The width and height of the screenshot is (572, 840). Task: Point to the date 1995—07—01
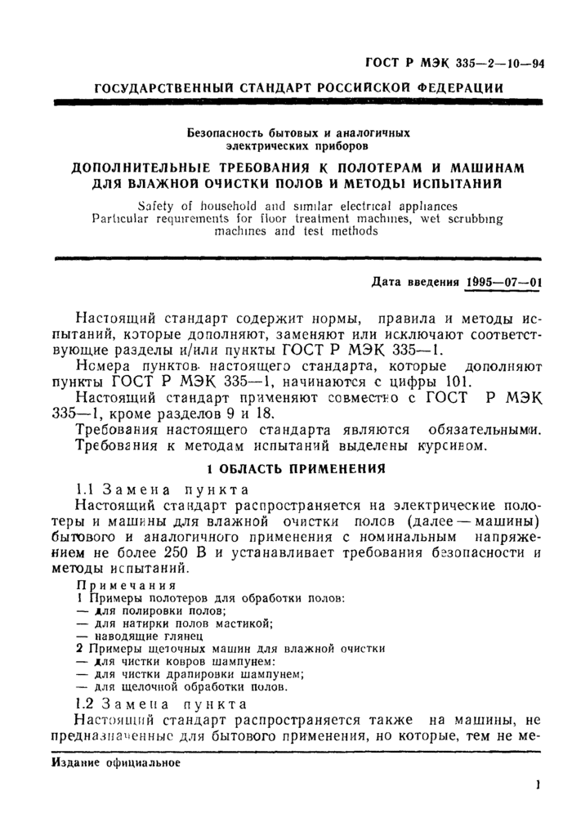(x=502, y=282)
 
